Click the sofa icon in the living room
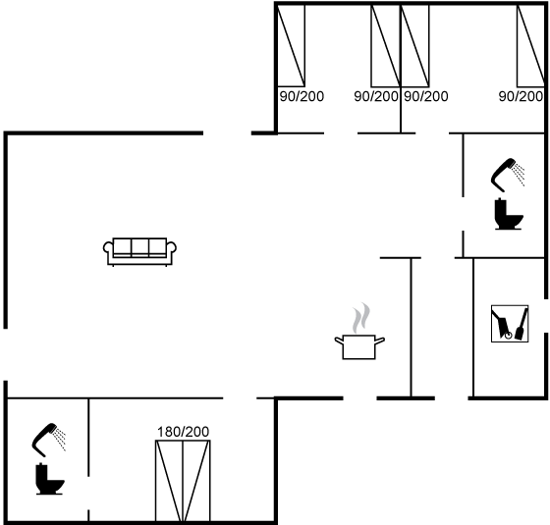click(x=139, y=251)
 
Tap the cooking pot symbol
click(x=359, y=346)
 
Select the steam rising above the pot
click(x=361, y=318)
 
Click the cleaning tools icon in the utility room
click(x=510, y=323)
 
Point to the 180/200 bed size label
click(x=183, y=432)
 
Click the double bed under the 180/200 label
click(x=183, y=481)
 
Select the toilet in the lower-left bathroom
click(x=49, y=479)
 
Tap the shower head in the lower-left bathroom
click(x=49, y=440)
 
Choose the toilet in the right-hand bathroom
click(x=509, y=214)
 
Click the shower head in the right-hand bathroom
click(x=508, y=175)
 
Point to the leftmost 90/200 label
click(x=302, y=96)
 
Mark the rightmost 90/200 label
click(x=521, y=96)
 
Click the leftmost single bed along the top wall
click(x=291, y=45)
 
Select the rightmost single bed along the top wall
click(x=531, y=45)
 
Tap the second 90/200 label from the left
click(x=376, y=96)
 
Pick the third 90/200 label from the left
click(x=426, y=96)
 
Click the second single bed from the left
click(x=386, y=45)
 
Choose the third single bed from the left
click(x=414, y=45)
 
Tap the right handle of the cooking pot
click(x=380, y=340)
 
